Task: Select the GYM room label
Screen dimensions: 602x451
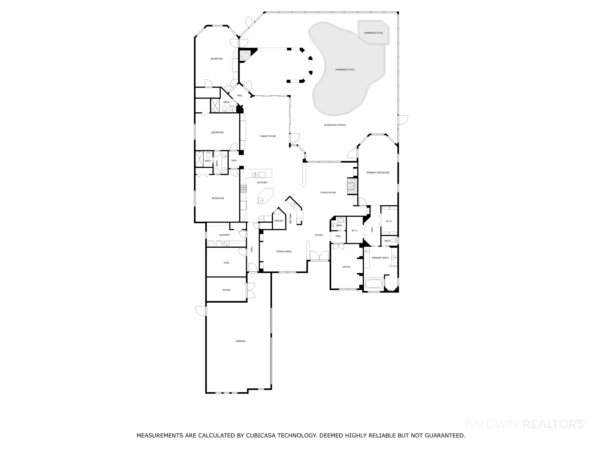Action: pyautogui.click(x=226, y=263)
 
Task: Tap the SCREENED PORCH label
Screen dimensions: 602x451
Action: pyautogui.click(x=335, y=125)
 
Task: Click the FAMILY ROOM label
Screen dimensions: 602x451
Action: pyautogui.click(x=268, y=136)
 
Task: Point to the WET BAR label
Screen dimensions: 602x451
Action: pyautogui.click(x=290, y=219)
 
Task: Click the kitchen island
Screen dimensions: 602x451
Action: pyautogui.click(x=265, y=196)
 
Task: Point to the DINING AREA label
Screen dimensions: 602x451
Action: pyautogui.click(x=284, y=252)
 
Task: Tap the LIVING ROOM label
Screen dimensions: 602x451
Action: pyautogui.click(x=328, y=192)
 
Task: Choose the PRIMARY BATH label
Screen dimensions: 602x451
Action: pyautogui.click(x=380, y=258)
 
